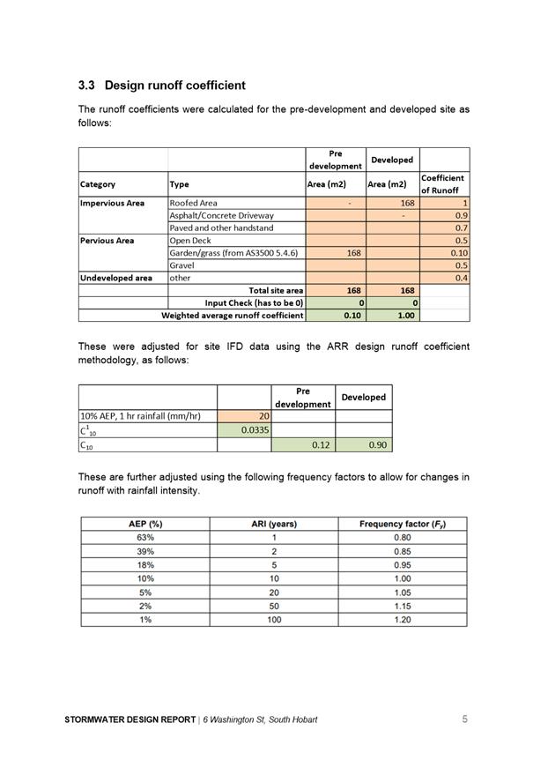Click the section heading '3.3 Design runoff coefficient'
(x=161, y=86)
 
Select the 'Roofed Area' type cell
(x=193, y=203)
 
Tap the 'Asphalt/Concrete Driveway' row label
(x=221, y=215)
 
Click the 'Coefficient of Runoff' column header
(x=443, y=183)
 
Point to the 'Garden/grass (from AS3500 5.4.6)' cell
(x=233, y=253)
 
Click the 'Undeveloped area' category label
(x=115, y=278)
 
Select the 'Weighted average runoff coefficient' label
(x=233, y=315)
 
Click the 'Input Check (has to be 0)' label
(x=254, y=302)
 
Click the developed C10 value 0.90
(x=378, y=445)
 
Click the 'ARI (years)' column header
(x=274, y=524)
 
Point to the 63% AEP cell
(x=145, y=537)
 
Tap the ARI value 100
(x=274, y=620)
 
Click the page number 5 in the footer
(x=464, y=719)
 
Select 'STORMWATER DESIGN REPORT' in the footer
(x=130, y=720)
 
